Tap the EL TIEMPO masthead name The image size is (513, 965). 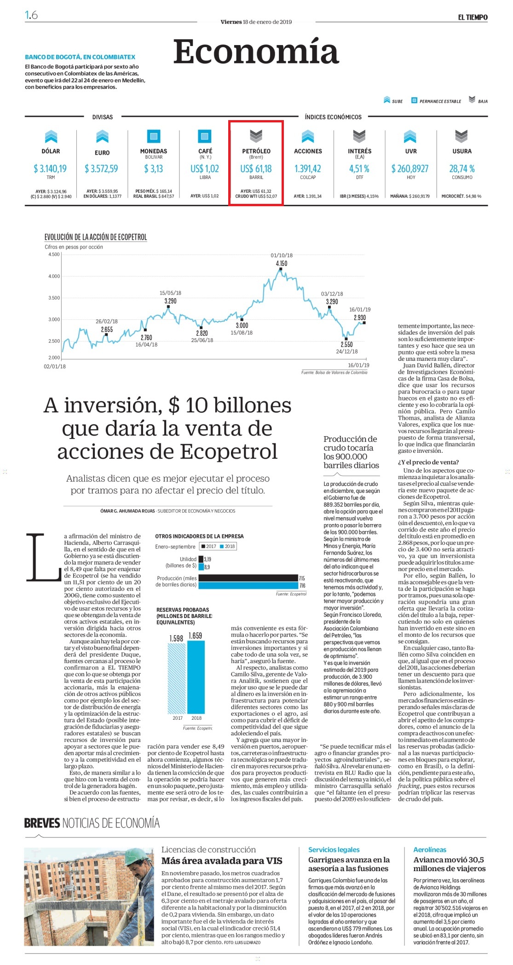point(473,17)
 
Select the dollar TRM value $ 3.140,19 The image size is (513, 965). point(50,169)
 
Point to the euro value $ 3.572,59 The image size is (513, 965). point(101,169)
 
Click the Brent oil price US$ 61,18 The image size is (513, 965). point(256,169)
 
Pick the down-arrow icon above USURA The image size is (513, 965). point(461,136)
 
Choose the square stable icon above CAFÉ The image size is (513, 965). point(205,136)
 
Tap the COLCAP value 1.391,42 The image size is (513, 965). point(308,169)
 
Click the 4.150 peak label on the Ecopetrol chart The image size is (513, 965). point(281,264)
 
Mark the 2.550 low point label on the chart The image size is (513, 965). point(346,344)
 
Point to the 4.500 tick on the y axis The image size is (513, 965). point(54,254)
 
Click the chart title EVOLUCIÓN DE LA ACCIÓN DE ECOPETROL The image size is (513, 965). point(96,237)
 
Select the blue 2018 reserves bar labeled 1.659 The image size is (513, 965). point(196,677)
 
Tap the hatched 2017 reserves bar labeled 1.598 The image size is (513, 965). point(177,678)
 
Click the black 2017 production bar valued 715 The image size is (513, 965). point(248,578)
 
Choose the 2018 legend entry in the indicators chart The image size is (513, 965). point(228,546)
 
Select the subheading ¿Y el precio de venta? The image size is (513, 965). point(428,462)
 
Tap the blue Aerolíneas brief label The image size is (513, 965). point(430,849)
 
